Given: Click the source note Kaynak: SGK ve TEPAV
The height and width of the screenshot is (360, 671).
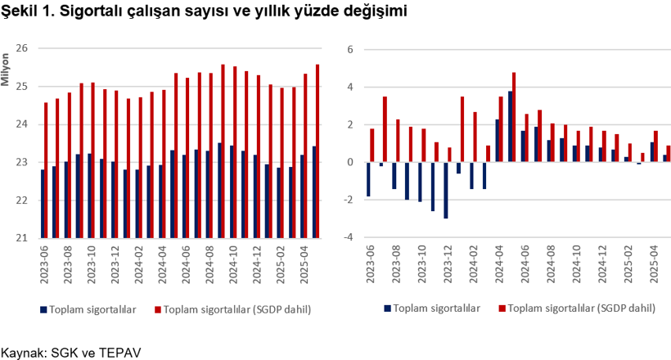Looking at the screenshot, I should point(72,353).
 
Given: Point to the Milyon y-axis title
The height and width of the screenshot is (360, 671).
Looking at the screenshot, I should point(7,70).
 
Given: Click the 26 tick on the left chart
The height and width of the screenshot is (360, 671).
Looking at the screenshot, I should point(22,48).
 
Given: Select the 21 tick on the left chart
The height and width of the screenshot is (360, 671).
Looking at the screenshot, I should point(22,238).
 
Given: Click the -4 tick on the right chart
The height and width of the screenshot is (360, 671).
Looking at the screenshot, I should point(347,238).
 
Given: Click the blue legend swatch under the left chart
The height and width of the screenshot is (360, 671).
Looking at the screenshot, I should point(43,309).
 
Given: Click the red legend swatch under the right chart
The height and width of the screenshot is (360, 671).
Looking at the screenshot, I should point(502,309).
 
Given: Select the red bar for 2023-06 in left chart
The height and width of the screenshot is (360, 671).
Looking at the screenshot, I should point(46,170).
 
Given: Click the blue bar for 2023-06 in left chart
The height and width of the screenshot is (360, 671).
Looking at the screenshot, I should point(42,204).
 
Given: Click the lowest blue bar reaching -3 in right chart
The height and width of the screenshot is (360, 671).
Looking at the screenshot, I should point(446,190).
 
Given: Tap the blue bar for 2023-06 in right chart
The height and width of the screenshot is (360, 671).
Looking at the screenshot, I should point(368,179).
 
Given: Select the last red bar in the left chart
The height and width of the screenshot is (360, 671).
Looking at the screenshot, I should point(317,151).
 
